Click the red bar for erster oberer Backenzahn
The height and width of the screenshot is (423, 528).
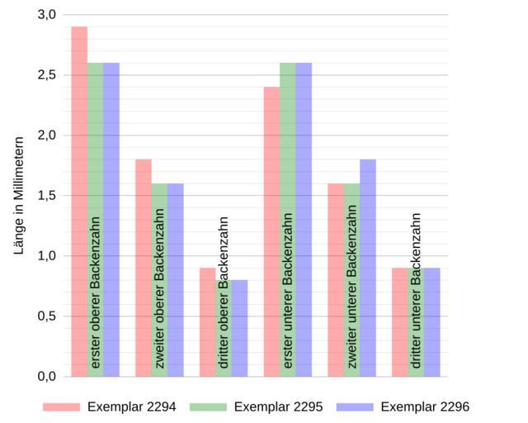tap(79, 202)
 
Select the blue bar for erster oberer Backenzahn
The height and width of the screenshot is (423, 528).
tap(111, 220)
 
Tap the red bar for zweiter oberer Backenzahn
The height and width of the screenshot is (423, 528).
tap(144, 268)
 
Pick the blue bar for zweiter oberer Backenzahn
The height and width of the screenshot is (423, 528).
tap(176, 280)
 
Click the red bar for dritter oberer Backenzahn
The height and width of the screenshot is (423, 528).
tap(208, 322)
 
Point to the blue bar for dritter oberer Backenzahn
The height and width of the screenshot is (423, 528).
tap(240, 328)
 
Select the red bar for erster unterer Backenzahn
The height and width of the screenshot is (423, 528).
tap(272, 231)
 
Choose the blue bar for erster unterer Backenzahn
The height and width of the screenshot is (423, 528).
tap(304, 220)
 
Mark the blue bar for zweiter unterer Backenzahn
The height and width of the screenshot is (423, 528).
tap(368, 268)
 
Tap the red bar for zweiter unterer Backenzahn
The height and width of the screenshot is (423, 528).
tap(336, 280)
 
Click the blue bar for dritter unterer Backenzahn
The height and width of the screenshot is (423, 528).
tap(432, 322)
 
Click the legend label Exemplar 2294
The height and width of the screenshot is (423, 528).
tap(132, 406)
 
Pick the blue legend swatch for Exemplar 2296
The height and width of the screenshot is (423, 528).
tap(355, 406)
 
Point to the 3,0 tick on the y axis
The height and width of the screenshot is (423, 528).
tap(46, 15)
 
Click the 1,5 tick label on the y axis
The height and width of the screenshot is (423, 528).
tap(46, 196)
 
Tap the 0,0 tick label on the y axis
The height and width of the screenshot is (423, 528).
tap(46, 377)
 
